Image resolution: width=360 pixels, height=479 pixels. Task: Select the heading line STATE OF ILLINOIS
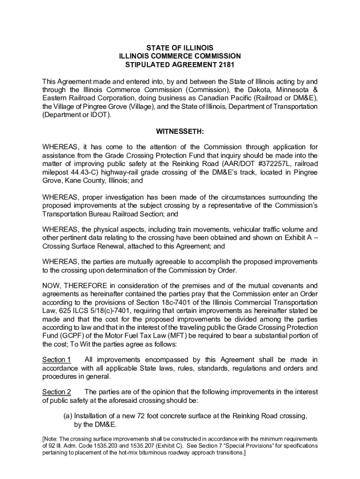click(180, 48)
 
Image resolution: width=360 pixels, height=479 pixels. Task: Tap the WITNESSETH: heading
click(180, 132)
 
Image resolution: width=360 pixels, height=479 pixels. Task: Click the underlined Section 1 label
click(57, 360)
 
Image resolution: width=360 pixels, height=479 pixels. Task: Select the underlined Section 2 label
click(57, 392)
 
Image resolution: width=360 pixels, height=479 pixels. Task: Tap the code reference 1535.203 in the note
click(115, 446)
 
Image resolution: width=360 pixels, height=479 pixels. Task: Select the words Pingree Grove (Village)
click(111, 107)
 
